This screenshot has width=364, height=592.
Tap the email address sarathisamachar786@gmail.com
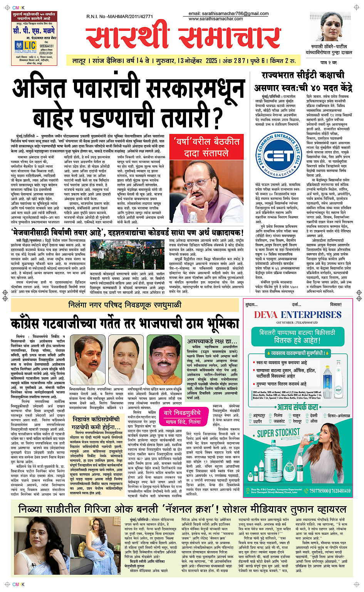[x=228, y=13]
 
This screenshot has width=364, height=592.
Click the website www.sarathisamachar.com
[x=216, y=18]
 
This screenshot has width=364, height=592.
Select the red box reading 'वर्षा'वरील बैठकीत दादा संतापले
[x=206, y=147]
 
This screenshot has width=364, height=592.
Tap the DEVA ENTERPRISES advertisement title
[x=297, y=314]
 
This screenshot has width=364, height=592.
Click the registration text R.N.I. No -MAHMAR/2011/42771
[x=119, y=17]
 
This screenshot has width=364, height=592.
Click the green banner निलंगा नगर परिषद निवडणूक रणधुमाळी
[x=124, y=305]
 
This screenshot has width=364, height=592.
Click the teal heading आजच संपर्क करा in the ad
[x=297, y=407]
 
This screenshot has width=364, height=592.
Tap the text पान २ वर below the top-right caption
[x=329, y=62]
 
